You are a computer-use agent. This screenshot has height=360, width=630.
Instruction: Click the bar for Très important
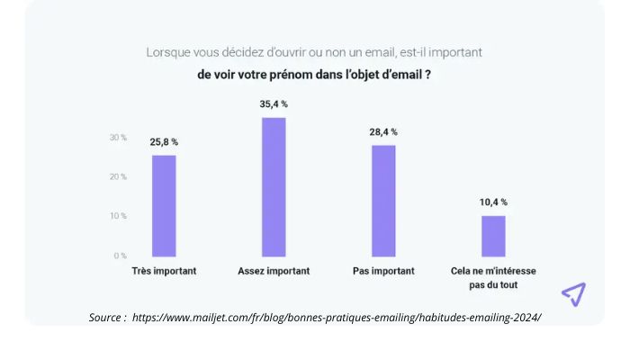click(164, 205)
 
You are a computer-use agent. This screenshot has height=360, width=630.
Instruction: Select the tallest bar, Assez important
click(274, 186)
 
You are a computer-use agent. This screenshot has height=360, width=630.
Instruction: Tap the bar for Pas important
click(383, 200)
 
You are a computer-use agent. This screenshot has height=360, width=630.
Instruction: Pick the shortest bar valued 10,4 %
click(493, 236)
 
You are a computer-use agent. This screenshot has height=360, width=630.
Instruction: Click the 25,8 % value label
click(163, 142)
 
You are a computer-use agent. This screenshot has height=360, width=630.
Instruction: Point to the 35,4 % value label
click(273, 104)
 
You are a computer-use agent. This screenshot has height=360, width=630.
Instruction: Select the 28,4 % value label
click(382, 131)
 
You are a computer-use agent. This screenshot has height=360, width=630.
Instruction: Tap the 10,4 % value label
click(492, 202)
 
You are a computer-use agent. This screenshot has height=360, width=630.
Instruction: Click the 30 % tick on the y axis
click(118, 138)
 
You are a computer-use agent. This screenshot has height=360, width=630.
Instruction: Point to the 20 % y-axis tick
click(118, 177)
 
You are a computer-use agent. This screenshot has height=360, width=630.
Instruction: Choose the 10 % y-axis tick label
click(118, 216)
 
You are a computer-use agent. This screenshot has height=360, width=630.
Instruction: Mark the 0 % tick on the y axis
click(120, 256)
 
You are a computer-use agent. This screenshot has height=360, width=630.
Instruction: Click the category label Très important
click(164, 271)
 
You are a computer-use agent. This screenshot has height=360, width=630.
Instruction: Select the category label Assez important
click(274, 271)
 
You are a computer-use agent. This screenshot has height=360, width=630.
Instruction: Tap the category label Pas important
click(383, 271)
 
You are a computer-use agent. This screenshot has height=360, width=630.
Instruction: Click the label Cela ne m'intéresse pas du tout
click(493, 277)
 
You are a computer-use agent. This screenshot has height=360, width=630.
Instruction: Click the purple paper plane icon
click(573, 294)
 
